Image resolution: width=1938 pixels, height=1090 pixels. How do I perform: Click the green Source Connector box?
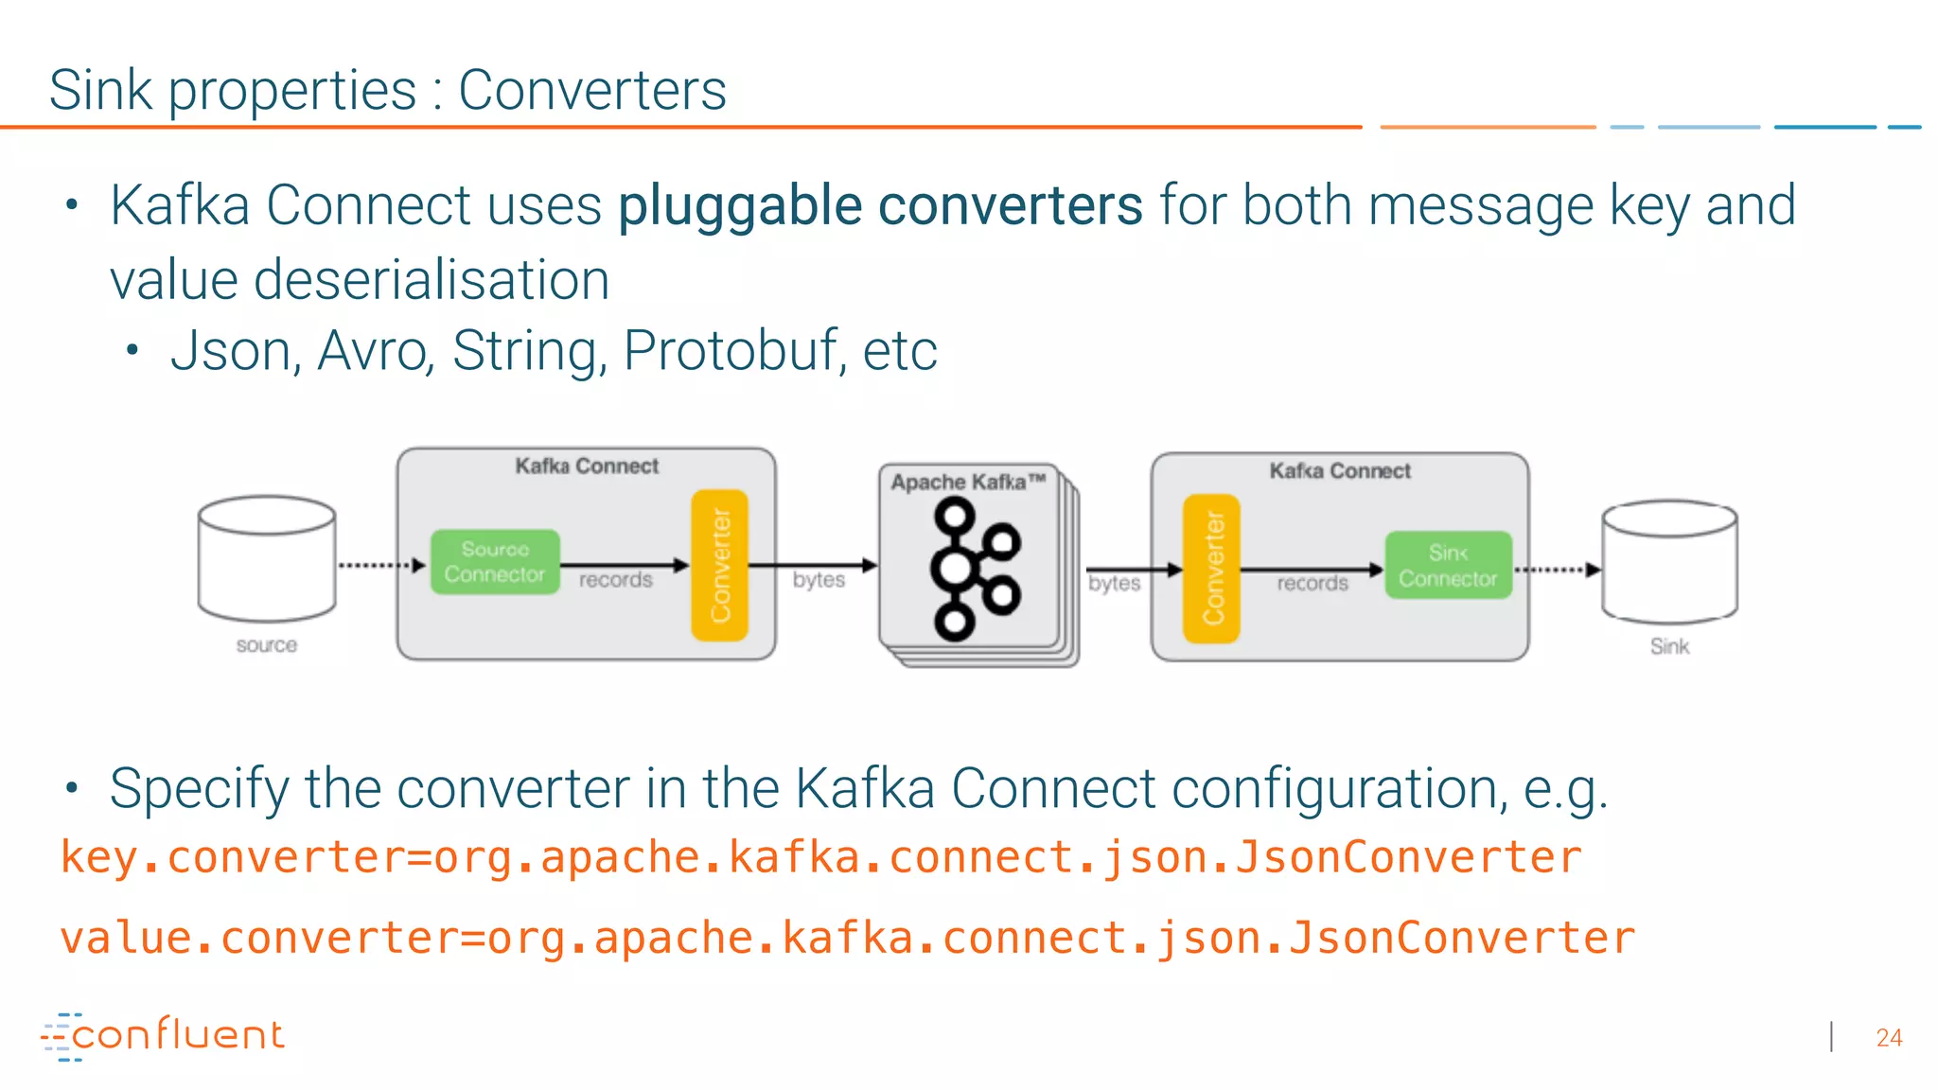pos(495,562)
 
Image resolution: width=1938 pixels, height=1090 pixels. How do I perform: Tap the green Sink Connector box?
pos(1448,566)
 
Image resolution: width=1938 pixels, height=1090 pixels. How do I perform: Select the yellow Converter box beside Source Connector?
pos(720,565)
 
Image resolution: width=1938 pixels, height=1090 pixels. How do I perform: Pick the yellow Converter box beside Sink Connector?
pos(1211,569)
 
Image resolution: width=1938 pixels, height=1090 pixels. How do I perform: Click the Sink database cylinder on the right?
pos(1669,562)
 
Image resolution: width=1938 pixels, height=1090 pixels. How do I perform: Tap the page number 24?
pos(1889,1038)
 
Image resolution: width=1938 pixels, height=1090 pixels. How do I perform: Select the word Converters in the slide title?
pos(592,91)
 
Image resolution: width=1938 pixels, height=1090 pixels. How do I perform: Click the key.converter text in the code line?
pos(233,858)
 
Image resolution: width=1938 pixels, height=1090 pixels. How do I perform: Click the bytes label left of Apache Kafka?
pos(819,580)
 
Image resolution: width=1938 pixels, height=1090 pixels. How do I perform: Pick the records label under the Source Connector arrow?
pos(616,580)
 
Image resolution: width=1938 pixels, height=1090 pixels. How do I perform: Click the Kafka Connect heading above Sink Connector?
pos(1340,471)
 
